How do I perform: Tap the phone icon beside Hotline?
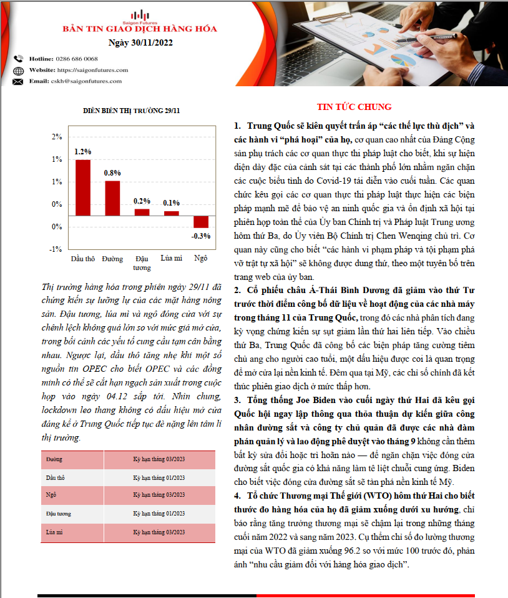coord(17,58)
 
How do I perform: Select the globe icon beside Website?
coord(17,70)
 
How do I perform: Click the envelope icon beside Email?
coord(17,81)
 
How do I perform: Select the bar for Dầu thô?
coord(83,187)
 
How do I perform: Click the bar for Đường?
coord(112,198)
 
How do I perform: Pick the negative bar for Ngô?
coord(200,222)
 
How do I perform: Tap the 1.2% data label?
coord(83,151)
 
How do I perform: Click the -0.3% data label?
coord(200,236)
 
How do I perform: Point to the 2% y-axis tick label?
coord(57,137)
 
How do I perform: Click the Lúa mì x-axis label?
coord(171,258)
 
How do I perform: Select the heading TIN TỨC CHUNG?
coord(354,107)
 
